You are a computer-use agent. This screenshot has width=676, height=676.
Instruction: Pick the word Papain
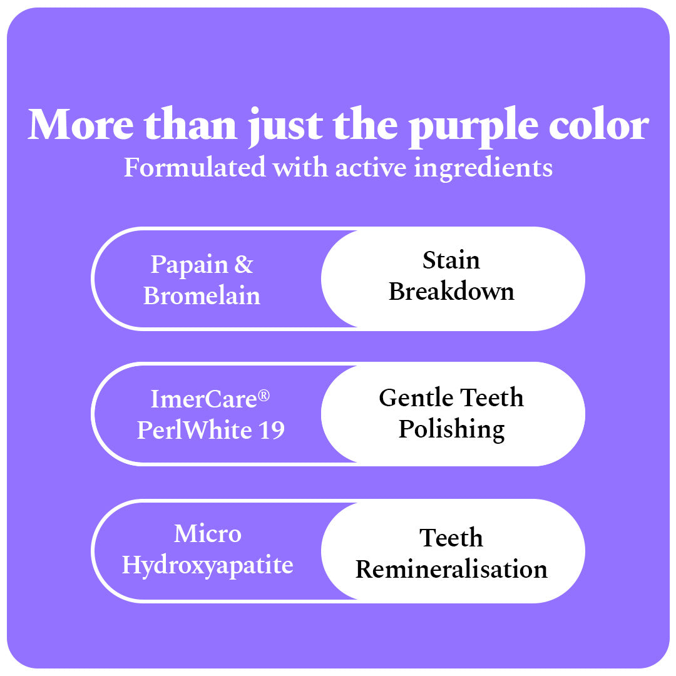click(188, 265)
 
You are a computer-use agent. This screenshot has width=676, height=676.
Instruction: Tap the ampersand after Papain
click(243, 265)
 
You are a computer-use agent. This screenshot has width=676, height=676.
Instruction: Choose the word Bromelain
click(202, 295)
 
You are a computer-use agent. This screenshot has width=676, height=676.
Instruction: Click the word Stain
click(451, 260)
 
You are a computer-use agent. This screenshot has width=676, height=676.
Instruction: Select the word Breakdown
click(451, 292)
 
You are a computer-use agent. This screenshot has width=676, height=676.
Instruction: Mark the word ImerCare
click(205, 399)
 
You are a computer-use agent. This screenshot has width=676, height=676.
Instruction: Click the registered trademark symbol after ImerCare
click(265, 395)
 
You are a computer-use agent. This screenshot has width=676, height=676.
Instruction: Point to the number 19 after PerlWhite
click(271, 430)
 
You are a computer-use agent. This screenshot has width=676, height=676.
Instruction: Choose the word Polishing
click(451, 430)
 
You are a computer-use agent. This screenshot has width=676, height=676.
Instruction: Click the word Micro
click(207, 534)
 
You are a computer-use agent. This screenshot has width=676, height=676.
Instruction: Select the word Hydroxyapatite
click(207, 565)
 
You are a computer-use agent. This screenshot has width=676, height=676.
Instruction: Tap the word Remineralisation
click(451, 570)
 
